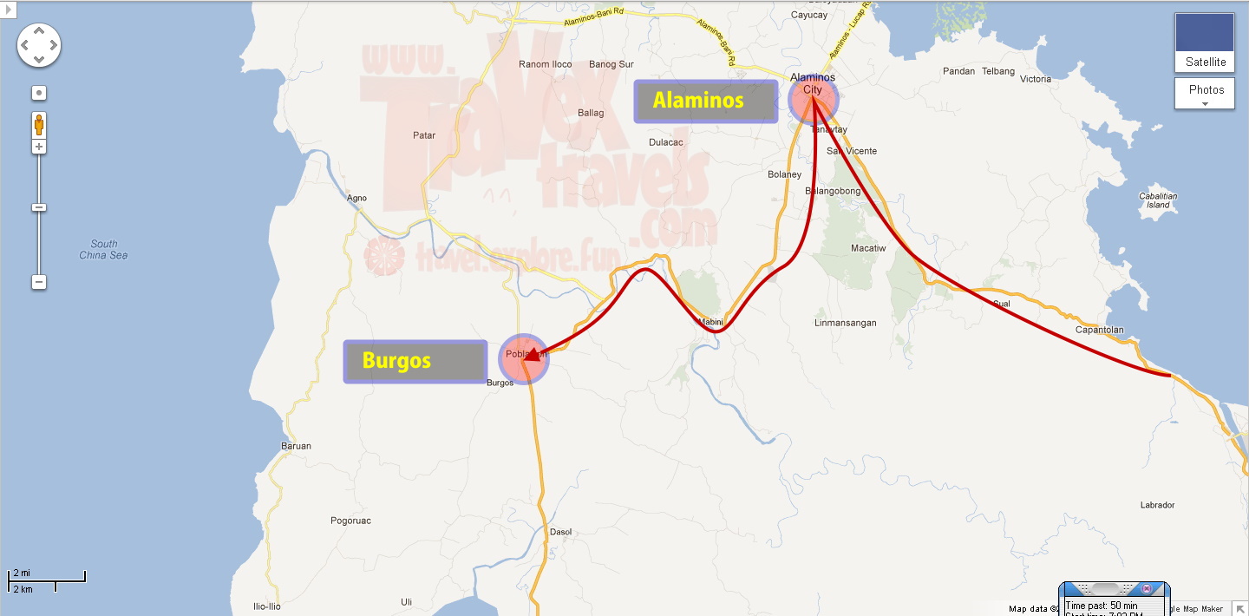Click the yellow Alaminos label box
705,102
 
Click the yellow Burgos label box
415,361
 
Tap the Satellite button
1205,43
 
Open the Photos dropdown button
1205,94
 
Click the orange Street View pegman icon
39,125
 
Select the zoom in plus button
39,147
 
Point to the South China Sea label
103,250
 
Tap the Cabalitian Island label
1158,200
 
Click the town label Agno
356,198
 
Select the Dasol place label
561,532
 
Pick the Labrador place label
1158,505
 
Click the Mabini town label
710,323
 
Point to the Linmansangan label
845,323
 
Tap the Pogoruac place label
350,521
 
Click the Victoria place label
1036,79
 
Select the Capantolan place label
1099,330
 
